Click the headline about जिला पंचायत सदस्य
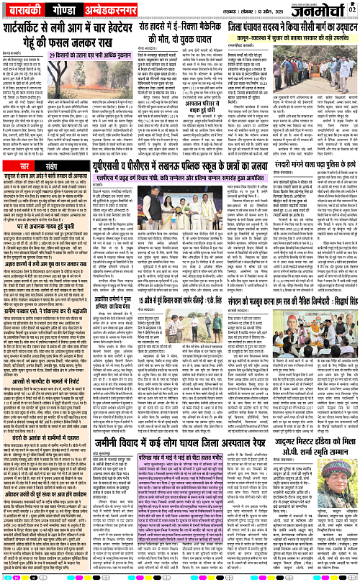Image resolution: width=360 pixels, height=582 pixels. point(296,34)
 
